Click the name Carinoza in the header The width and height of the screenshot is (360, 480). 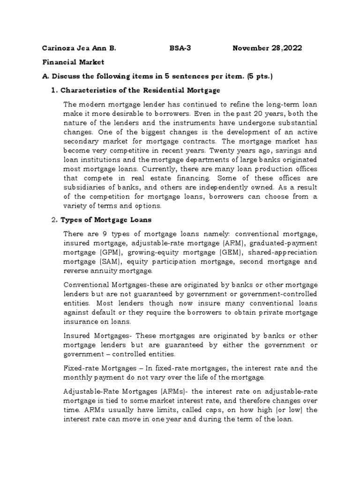point(59,48)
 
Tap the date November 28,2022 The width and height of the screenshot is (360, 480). point(267,48)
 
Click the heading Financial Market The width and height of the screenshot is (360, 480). point(74,62)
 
